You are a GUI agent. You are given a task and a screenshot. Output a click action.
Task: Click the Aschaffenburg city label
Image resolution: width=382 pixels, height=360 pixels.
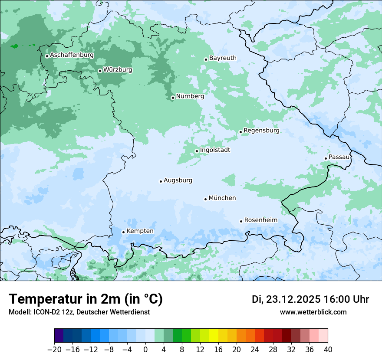click(72, 55)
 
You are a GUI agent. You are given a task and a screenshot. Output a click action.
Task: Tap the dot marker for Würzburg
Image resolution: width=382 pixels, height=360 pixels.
click(100, 71)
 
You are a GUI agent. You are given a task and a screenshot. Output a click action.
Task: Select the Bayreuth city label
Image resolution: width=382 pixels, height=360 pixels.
click(223, 58)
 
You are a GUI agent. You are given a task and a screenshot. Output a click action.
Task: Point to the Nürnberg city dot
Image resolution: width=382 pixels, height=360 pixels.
click(173, 98)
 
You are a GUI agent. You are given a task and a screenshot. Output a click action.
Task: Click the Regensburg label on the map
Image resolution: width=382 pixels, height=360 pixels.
click(261, 130)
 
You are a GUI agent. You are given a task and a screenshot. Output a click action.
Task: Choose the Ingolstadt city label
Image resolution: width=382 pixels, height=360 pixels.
click(215, 150)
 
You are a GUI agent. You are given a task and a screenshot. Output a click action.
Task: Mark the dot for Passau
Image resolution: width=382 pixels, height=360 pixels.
click(326, 158)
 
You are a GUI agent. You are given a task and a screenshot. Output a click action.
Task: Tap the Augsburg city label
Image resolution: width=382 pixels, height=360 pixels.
click(178, 180)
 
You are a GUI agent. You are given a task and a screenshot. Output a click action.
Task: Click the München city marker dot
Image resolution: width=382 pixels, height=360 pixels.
click(205, 199)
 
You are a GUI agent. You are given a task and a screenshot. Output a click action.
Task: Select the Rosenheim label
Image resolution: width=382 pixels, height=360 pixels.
click(260, 220)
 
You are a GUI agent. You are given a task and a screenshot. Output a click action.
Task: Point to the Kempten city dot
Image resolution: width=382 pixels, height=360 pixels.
click(123, 232)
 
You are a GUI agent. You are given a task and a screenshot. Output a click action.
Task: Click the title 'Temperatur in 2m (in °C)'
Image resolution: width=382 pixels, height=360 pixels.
click(86, 299)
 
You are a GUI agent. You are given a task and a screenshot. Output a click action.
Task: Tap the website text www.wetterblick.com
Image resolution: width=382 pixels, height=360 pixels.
click(313, 312)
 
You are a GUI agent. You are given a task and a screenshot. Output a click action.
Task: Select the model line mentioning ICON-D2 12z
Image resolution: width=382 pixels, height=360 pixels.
click(79, 312)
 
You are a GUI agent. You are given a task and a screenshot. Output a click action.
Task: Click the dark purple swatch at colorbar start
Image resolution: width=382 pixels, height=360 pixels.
click(59, 336)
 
